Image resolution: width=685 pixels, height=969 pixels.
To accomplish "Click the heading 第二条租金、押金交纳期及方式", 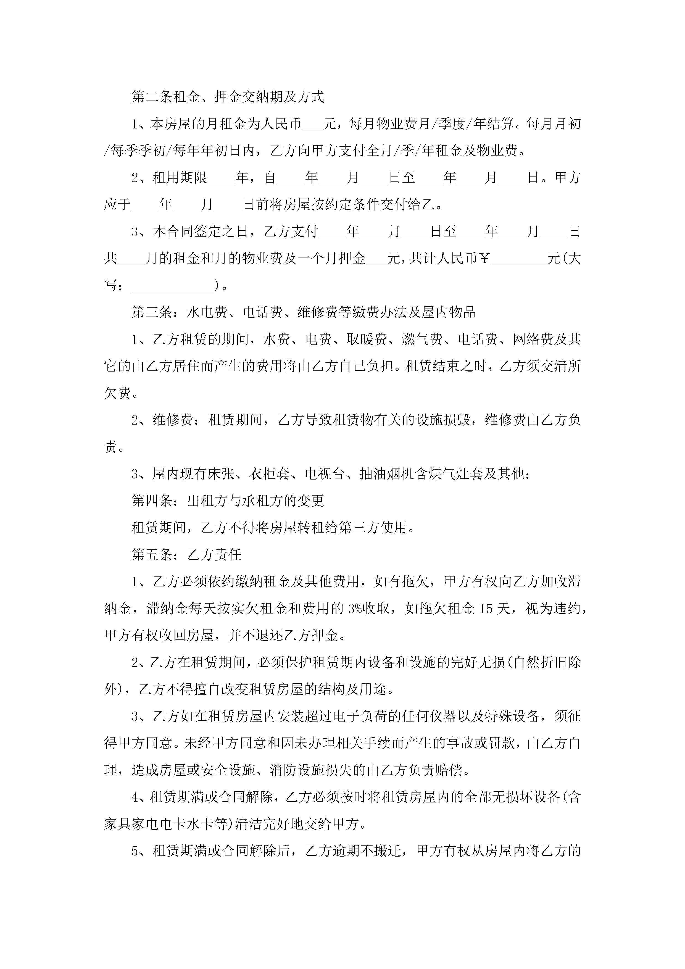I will [228, 97].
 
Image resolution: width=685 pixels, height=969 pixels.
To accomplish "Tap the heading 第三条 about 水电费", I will [304, 312].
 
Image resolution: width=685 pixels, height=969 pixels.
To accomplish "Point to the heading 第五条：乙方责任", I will [186, 555].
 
